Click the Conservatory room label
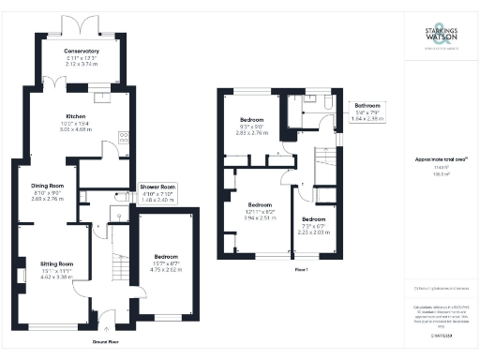pyautogui.click(x=82, y=51)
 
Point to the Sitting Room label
pyautogui.click(x=56, y=264)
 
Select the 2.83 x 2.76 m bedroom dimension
pyautogui.click(x=253, y=133)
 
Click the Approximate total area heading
pyautogui.click(x=435, y=160)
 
